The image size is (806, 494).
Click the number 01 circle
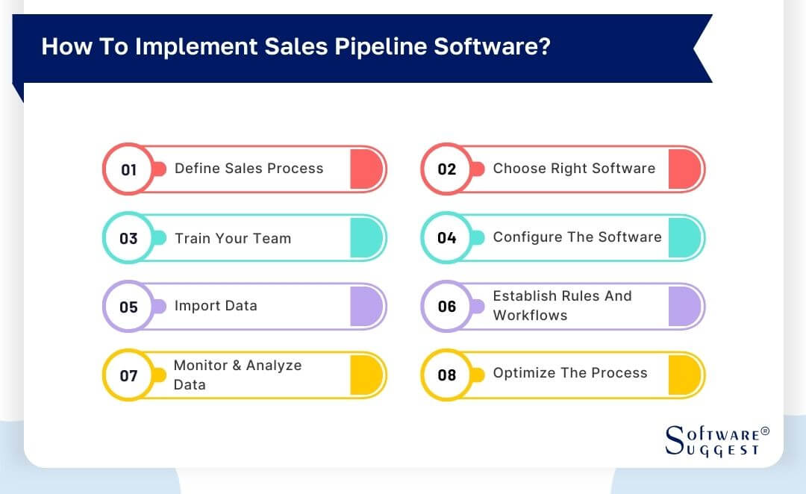(x=128, y=169)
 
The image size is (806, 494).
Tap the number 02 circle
(x=446, y=169)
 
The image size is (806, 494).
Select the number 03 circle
(x=128, y=238)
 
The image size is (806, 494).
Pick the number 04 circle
(x=446, y=238)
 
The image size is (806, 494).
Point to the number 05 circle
(x=128, y=307)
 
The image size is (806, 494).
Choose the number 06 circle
(x=446, y=307)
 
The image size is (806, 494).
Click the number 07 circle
(x=128, y=375)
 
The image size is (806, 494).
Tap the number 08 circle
(x=446, y=375)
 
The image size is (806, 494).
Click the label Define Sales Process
(x=249, y=169)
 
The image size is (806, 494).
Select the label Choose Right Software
(x=574, y=169)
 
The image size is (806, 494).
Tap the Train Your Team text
(x=233, y=239)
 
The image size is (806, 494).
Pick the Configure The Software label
(x=577, y=237)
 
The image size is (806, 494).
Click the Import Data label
(x=216, y=306)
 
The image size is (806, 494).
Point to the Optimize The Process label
(x=570, y=373)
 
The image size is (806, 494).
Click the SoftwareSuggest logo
(x=716, y=441)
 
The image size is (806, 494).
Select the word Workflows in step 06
(x=530, y=316)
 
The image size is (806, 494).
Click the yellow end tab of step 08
(x=684, y=375)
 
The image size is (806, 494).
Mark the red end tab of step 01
(x=366, y=169)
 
